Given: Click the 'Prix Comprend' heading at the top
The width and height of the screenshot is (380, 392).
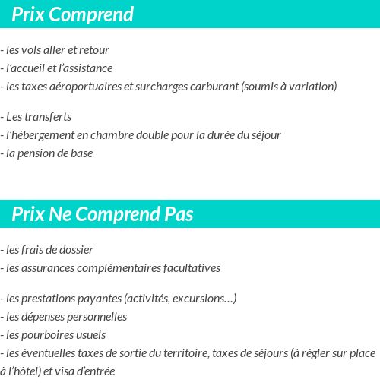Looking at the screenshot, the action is tap(72, 14).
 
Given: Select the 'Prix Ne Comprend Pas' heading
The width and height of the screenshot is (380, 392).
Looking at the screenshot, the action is tap(102, 214).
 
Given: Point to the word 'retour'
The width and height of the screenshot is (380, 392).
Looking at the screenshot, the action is tap(94, 50).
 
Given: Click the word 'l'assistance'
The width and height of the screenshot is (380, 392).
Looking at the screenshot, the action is tap(85, 68).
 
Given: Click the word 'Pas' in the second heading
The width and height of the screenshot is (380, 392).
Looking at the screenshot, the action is tap(179, 214).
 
